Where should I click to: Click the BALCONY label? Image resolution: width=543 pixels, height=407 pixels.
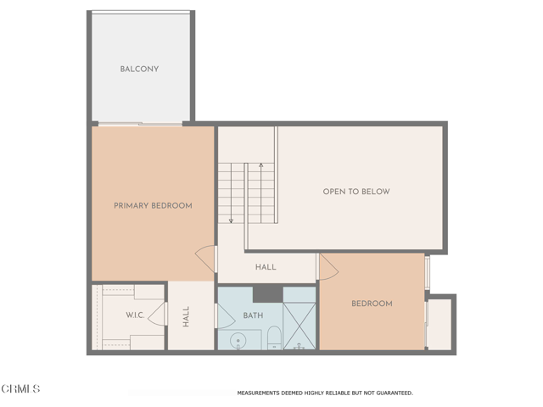point(139,69)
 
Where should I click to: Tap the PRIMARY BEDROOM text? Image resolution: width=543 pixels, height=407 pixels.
point(153,205)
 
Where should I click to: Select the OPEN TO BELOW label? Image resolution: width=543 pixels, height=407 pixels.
point(356,192)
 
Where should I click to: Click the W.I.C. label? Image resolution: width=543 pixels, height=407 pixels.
point(135,315)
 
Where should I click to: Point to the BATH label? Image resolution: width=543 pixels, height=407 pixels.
point(253,315)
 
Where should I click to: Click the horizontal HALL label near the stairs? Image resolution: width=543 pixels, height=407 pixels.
point(266,267)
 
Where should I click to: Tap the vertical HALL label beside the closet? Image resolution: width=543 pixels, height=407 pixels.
point(186,316)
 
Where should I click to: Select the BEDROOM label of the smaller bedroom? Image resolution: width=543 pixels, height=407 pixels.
point(372,304)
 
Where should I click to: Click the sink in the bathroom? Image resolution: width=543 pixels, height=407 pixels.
point(238,342)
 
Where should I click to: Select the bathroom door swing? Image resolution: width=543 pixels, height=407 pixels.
point(226,316)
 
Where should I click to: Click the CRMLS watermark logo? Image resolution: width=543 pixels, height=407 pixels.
point(21,389)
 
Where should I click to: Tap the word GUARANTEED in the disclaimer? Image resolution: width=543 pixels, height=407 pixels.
point(392,393)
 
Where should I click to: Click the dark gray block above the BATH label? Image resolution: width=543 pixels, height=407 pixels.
point(267,293)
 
